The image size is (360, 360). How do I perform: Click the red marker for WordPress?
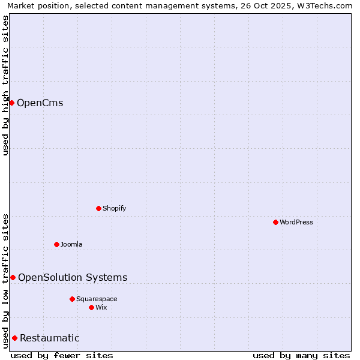[x=275, y=222]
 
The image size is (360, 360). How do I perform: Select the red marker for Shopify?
[x=99, y=208]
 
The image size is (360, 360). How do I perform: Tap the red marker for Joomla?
[x=57, y=244]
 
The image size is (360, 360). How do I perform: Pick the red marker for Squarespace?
[x=72, y=299]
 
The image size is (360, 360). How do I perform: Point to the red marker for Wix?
[x=91, y=307]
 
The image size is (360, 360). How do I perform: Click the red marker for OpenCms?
[x=11, y=103]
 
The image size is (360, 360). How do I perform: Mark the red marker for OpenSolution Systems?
[x=13, y=277]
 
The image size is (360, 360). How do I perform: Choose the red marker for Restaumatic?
[x=14, y=338]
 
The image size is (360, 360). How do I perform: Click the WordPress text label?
[x=296, y=222]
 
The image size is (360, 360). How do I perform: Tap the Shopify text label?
[x=114, y=208]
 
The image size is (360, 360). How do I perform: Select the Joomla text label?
[x=71, y=244]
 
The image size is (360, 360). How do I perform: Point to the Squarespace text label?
[x=97, y=299]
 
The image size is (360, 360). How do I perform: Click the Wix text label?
[x=101, y=307]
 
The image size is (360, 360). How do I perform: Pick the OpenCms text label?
[x=40, y=103]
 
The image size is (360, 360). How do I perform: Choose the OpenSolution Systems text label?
[x=73, y=277]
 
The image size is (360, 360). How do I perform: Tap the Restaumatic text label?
[x=50, y=338]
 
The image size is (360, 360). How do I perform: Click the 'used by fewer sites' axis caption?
[x=62, y=355]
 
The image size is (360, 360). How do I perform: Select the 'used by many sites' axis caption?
[x=301, y=355]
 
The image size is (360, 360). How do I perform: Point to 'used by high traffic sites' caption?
[x=5, y=85]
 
